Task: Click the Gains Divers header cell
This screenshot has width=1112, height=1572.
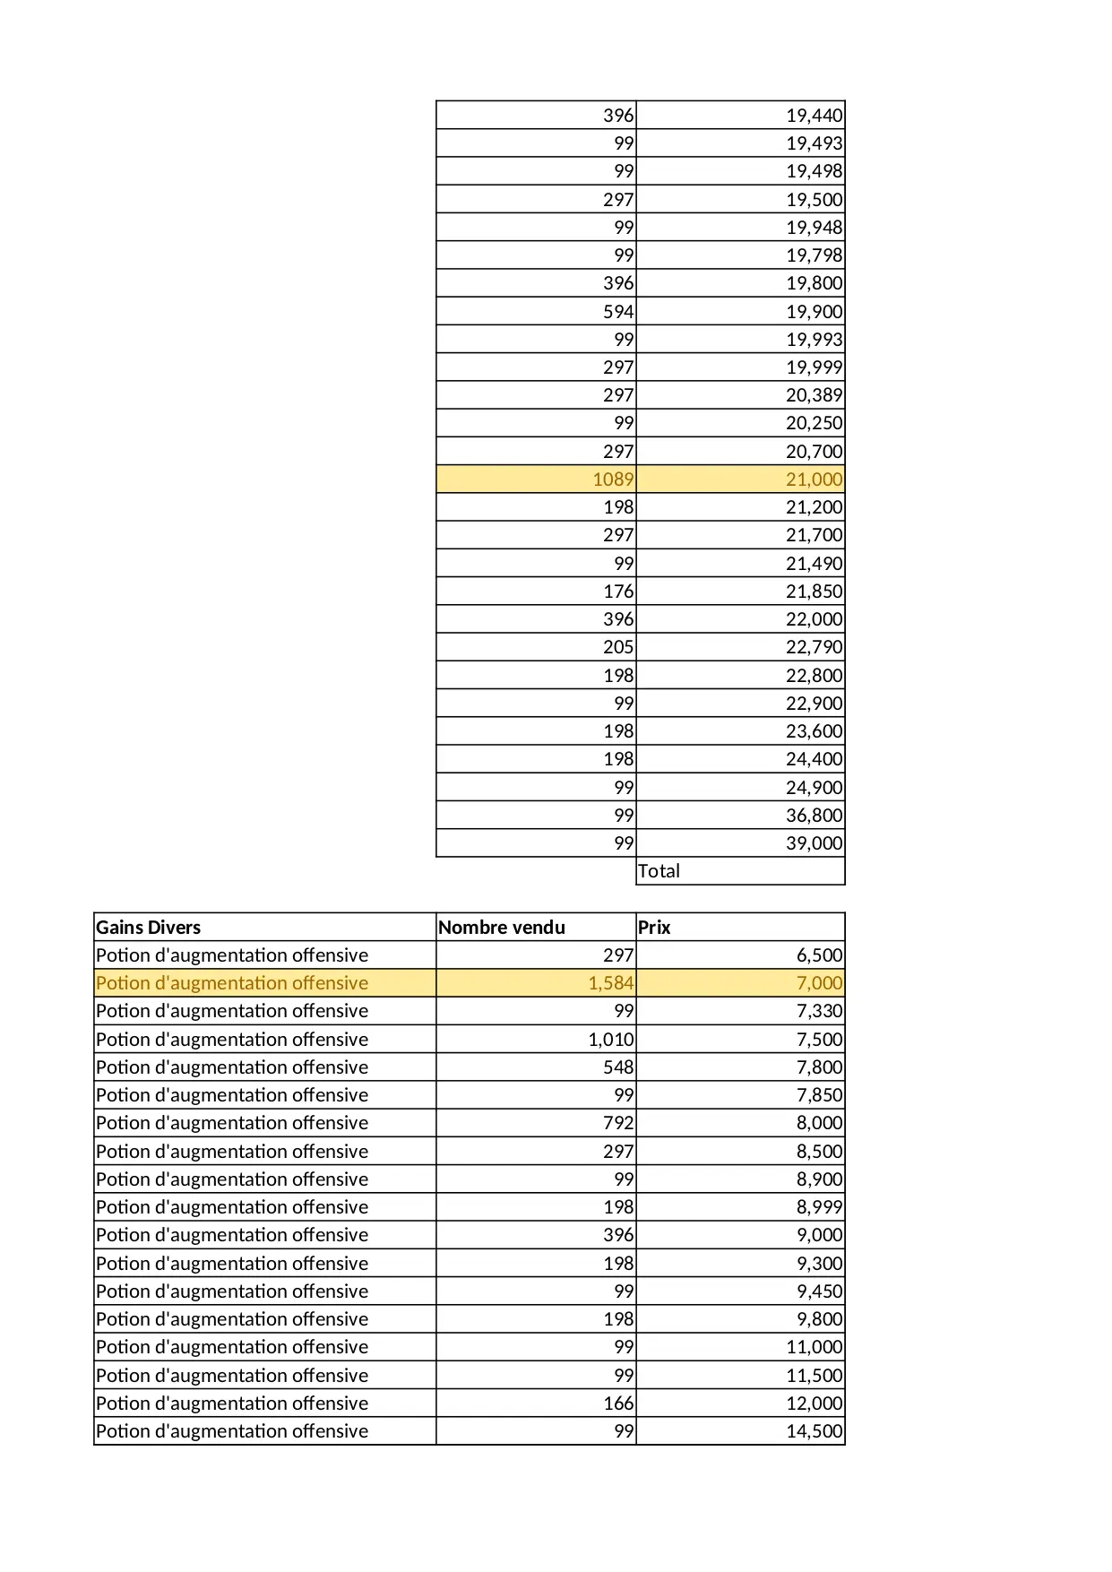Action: tap(149, 927)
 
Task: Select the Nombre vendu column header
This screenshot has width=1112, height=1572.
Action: tap(502, 927)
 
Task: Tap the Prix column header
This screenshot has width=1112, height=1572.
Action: tap(654, 927)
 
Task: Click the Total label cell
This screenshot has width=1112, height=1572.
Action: tap(659, 871)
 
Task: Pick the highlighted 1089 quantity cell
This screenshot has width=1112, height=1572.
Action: tap(613, 479)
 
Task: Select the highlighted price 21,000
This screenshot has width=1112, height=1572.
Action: tap(814, 479)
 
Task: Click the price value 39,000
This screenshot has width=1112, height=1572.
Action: tap(814, 843)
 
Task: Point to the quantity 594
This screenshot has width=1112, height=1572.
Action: tap(617, 312)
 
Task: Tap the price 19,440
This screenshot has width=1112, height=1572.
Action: tap(814, 116)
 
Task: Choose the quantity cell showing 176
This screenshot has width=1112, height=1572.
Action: tap(617, 592)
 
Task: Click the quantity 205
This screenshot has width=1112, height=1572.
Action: tap(617, 647)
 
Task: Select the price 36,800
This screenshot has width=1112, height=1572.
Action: tap(814, 816)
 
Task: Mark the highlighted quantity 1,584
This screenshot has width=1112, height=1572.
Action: tap(610, 983)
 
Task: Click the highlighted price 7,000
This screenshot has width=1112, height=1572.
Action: tap(819, 983)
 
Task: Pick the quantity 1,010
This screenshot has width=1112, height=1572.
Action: tap(610, 1040)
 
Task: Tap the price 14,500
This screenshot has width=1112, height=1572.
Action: tap(814, 1431)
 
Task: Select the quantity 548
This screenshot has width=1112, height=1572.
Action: tap(617, 1067)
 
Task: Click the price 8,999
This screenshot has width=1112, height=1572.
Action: tap(819, 1207)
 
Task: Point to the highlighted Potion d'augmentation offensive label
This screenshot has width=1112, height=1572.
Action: tap(232, 983)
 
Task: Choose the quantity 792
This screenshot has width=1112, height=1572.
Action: tap(617, 1123)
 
